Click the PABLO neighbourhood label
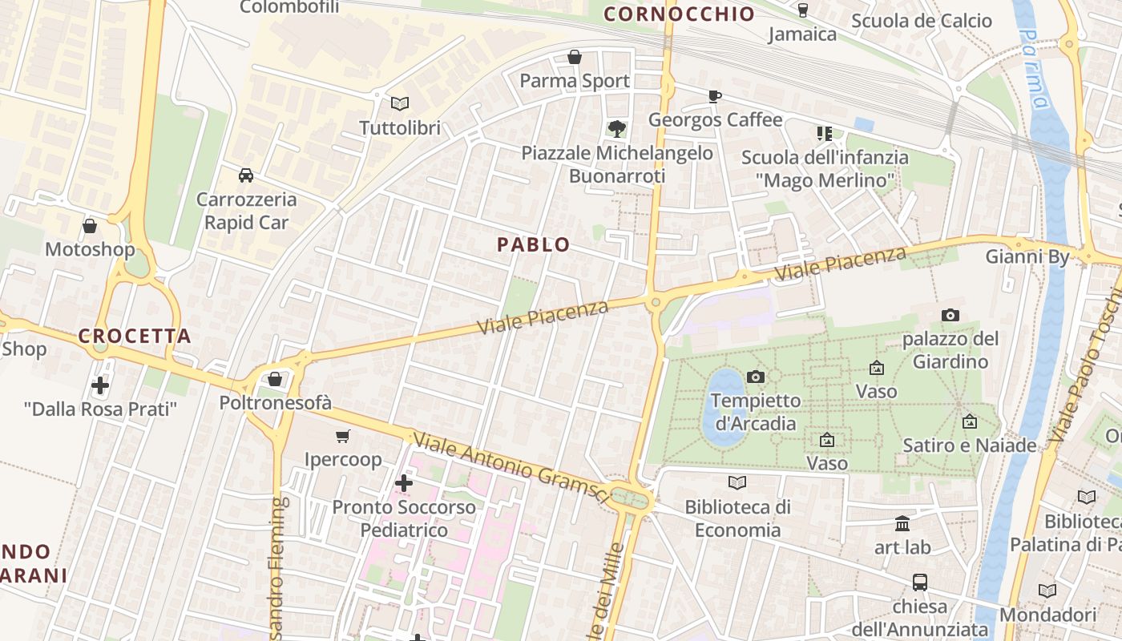click(x=534, y=244)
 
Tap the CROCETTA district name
click(x=135, y=336)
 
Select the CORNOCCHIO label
click(x=679, y=14)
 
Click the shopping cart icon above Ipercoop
click(x=343, y=436)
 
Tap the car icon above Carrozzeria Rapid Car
click(x=246, y=175)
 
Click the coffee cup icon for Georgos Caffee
click(x=714, y=96)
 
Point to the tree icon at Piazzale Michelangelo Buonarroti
click(x=617, y=128)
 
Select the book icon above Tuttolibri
click(x=399, y=103)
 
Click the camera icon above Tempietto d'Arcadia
click(x=755, y=377)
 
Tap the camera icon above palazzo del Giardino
click(x=950, y=315)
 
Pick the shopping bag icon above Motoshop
click(x=90, y=226)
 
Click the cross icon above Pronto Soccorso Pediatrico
click(x=404, y=483)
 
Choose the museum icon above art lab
click(x=902, y=523)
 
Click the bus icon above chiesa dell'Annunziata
click(x=919, y=582)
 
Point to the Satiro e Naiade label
click(x=969, y=445)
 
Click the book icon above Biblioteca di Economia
click(x=737, y=482)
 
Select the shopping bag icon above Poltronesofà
click(x=275, y=378)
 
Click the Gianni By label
click(x=1027, y=256)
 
